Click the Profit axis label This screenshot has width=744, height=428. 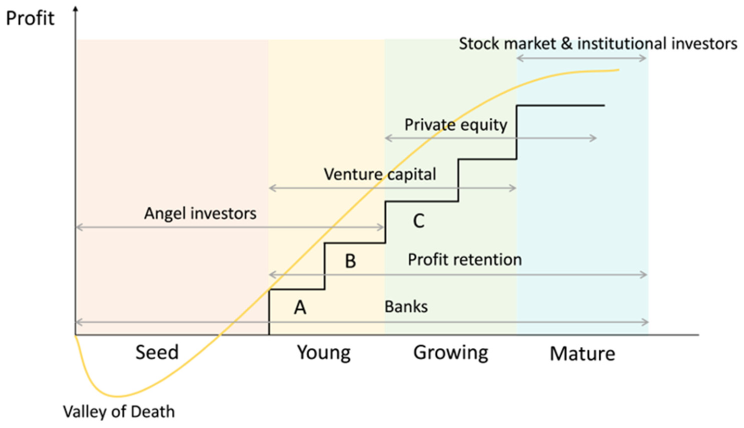[30, 18]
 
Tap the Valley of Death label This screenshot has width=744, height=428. [119, 412]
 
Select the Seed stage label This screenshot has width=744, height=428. [157, 353]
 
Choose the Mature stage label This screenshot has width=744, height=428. [582, 354]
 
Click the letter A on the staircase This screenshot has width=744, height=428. [300, 307]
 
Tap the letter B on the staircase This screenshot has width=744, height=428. [350, 261]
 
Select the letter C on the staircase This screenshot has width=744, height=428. [419, 221]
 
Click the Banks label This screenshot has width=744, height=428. [406, 307]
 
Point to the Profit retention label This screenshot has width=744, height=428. [464, 259]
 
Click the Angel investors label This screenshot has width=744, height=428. [200, 213]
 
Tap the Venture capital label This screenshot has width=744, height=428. [380, 174]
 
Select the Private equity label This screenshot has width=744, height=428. [456, 125]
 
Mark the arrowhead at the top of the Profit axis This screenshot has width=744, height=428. [75, 8]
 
